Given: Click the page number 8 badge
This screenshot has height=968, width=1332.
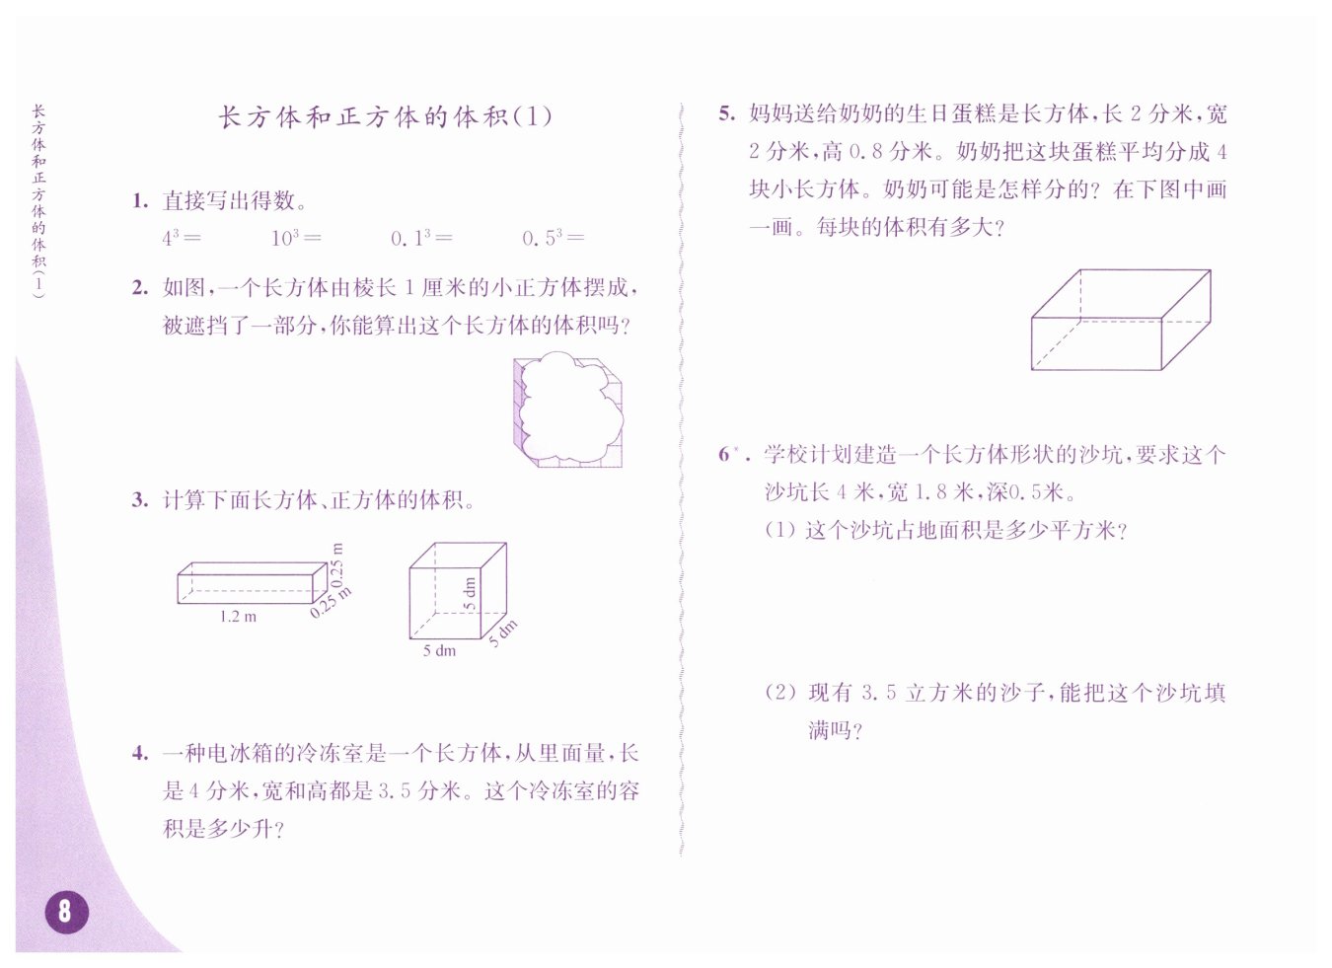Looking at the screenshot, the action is [67, 912].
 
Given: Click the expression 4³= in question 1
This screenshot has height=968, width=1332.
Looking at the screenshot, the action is [182, 238].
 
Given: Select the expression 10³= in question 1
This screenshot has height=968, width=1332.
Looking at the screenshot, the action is [296, 238].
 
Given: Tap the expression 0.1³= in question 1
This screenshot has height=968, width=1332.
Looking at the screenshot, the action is [421, 238].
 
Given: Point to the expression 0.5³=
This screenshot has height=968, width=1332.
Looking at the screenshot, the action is [553, 238].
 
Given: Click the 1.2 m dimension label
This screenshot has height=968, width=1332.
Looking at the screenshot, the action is [238, 617].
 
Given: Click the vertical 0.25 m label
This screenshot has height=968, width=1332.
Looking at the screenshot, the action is [337, 564].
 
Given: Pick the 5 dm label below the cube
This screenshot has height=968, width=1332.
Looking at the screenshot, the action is [439, 650].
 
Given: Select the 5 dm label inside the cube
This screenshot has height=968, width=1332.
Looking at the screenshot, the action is [470, 593].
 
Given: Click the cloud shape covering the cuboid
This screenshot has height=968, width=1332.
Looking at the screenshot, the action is [569, 408].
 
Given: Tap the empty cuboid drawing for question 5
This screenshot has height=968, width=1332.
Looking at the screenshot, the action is [1120, 320].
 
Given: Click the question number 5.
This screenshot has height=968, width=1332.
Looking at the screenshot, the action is [726, 113].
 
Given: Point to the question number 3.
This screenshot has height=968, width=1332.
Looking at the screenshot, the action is [140, 499].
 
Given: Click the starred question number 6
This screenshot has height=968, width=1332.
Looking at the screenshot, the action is [732, 454].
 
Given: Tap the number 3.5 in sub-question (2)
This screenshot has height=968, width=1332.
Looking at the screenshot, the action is [878, 692].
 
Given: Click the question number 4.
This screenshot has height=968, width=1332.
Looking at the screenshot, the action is [140, 753].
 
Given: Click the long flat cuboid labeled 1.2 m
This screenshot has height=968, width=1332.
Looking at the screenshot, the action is [253, 583].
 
